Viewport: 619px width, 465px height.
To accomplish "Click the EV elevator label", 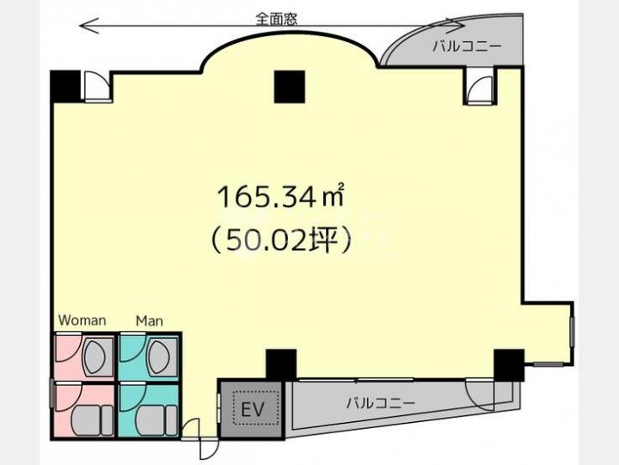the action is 252,410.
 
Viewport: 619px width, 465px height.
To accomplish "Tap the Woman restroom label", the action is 83,320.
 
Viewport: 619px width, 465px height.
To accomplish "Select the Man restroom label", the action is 150,321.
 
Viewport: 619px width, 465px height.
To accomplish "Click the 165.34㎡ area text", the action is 280,197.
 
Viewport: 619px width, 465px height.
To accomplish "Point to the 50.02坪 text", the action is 280,239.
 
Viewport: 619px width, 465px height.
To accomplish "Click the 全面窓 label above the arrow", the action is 276,19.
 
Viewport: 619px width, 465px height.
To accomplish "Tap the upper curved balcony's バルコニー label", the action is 467,46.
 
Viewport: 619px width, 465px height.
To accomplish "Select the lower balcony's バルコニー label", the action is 381,403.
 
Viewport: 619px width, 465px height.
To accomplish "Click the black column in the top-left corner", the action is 65,86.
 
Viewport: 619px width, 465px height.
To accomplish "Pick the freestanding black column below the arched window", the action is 290,87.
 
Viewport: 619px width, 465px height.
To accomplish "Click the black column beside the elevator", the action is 281,364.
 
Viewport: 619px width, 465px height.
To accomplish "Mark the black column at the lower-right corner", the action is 509,364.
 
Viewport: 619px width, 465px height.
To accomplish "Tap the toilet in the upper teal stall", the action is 161,357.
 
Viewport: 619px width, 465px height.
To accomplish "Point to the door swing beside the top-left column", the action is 97,86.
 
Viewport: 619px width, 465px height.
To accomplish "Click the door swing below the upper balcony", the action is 480,89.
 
